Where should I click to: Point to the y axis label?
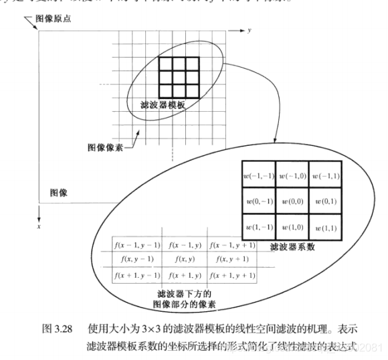click(248, 31)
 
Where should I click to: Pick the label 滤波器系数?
click(293, 246)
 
